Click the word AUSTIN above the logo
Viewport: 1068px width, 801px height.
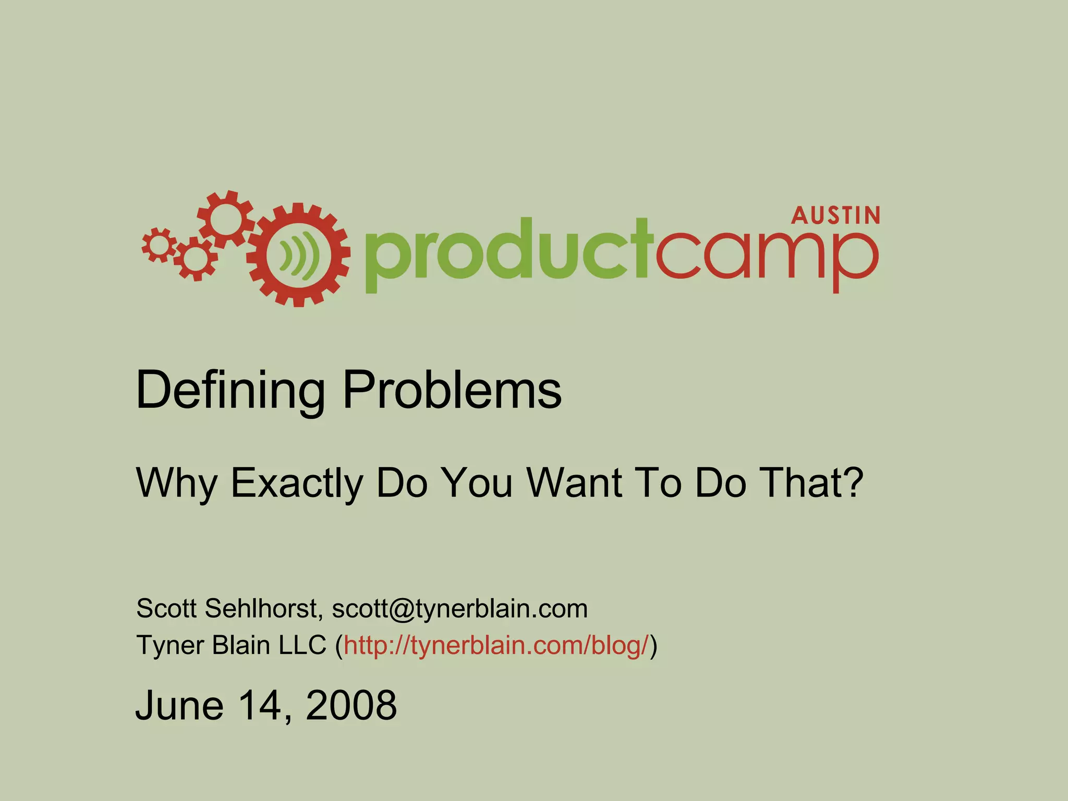835,215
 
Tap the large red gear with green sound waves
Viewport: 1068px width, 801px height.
298,255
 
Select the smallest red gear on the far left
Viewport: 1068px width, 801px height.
159,245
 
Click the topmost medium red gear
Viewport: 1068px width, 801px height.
225,219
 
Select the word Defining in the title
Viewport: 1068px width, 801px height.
230,391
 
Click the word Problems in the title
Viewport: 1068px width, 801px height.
452,391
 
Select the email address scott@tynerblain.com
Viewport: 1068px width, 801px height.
460,609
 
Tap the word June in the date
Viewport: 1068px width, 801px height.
179,705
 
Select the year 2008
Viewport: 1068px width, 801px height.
351,705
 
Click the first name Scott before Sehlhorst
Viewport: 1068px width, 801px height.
166,608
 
